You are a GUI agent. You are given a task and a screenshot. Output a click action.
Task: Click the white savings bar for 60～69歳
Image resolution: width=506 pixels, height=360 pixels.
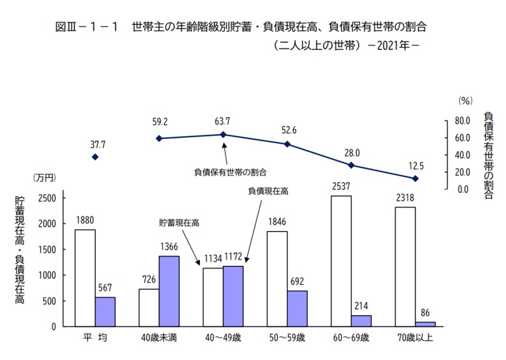pyautogui.click(x=341, y=261)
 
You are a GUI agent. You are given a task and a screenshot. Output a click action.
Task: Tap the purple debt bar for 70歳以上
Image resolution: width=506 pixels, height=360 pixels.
pyautogui.click(x=425, y=324)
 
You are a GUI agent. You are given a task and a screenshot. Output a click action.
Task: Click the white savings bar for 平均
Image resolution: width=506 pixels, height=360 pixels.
pyautogui.click(x=85, y=278)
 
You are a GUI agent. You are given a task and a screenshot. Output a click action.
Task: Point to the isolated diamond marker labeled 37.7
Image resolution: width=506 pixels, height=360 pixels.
pyautogui.click(x=95, y=157)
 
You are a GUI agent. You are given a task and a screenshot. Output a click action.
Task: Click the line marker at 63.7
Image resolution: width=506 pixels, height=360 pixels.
pyautogui.click(x=223, y=134)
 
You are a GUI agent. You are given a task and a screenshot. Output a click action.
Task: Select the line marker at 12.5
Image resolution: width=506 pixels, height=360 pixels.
pyautogui.click(x=415, y=179)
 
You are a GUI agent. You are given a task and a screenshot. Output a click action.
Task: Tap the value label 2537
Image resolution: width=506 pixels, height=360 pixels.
pyautogui.click(x=341, y=188)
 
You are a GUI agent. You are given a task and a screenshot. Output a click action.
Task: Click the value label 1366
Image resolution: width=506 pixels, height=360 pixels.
pyautogui.click(x=169, y=248)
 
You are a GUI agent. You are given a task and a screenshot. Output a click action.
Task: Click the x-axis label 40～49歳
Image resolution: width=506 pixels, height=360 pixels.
pyautogui.click(x=223, y=338)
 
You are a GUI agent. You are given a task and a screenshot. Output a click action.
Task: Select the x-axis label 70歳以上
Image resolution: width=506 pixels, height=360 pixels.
pyautogui.click(x=414, y=338)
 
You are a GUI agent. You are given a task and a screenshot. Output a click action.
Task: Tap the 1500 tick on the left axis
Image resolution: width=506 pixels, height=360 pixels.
pyautogui.click(x=47, y=249)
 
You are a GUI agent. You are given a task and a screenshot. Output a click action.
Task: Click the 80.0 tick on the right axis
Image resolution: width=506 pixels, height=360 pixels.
pyautogui.click(x=461, y=121)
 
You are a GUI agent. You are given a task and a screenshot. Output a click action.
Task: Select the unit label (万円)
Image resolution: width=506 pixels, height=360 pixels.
pyautogui.click(x=44, y=177)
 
